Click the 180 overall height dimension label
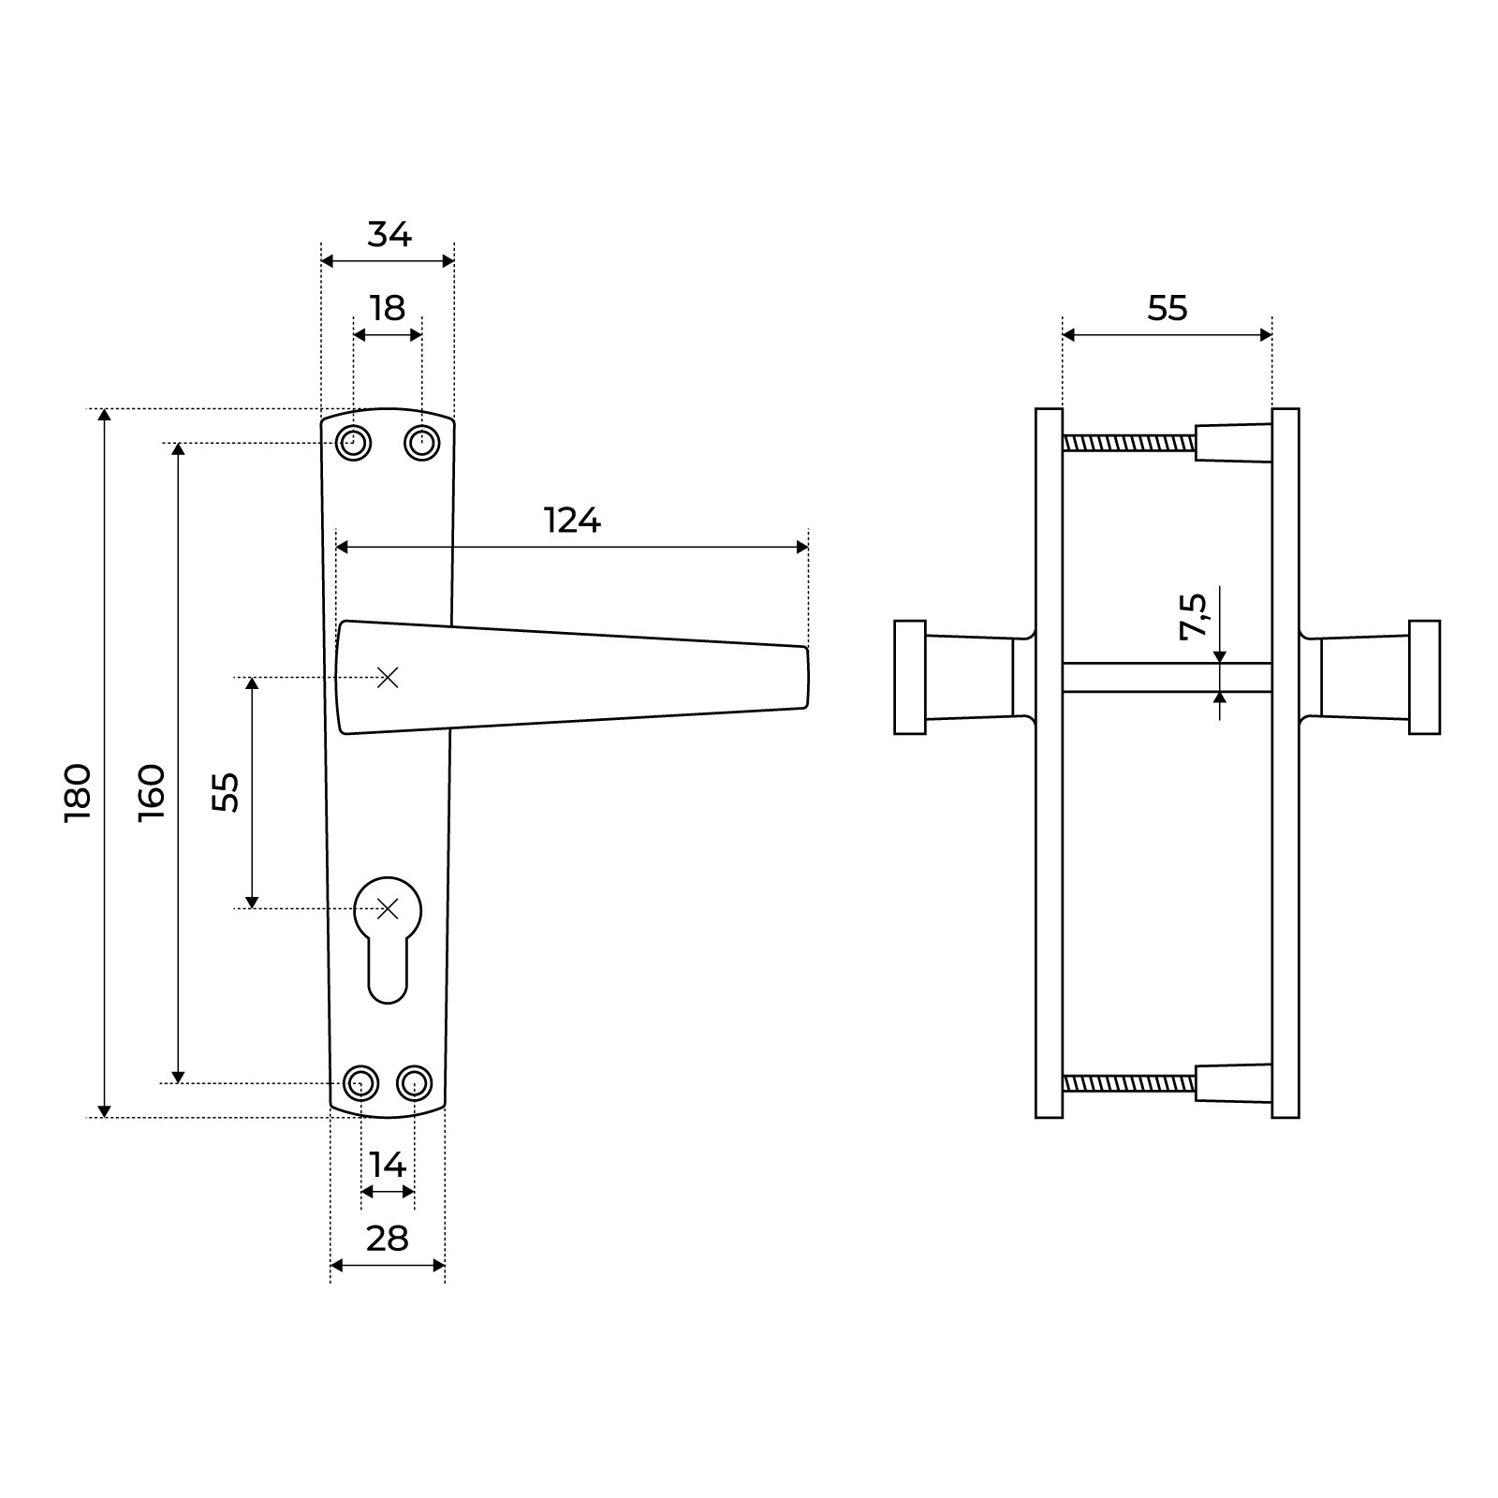point(78,793)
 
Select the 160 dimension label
point(152,793)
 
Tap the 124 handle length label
point(572,520)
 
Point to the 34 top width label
point(389,234)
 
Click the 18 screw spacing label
point(387,307)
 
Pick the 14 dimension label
point(387,1165)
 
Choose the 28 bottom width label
point(387,1239)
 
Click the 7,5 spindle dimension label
point(1194,616)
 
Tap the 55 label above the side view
point(1168,308)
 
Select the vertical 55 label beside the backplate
point(226,792)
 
